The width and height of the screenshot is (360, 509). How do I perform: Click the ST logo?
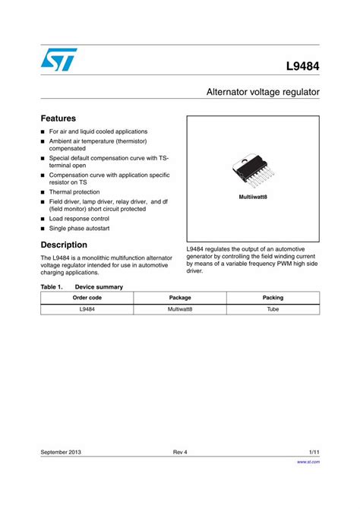pos(58,60)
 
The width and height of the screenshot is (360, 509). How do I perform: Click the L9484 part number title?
pos(302,67)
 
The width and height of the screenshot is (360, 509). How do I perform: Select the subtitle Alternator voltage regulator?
pos(263,92)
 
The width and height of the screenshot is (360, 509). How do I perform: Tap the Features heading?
pos(58,119)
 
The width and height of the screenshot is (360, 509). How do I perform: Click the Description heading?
pos(64,245)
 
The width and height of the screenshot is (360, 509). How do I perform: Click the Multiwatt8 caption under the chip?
pos(253,197)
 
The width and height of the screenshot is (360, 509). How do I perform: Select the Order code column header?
pos(87,298)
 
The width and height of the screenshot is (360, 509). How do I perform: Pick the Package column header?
pos(180,298)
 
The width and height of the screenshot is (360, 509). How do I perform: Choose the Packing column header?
pos(273,298)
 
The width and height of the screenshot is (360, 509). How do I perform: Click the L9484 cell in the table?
pos(87,309)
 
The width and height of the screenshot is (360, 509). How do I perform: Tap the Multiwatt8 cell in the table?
pos(180,309)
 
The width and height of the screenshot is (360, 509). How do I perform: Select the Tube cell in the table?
pos(273,309)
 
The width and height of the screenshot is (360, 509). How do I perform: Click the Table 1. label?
pos(52,286)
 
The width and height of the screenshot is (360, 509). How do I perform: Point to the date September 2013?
pos(61,452)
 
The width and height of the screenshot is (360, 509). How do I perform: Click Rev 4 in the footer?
pos(180,452)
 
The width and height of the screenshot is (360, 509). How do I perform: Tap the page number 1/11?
pos(314,452)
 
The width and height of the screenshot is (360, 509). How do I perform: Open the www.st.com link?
pos(308,461)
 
